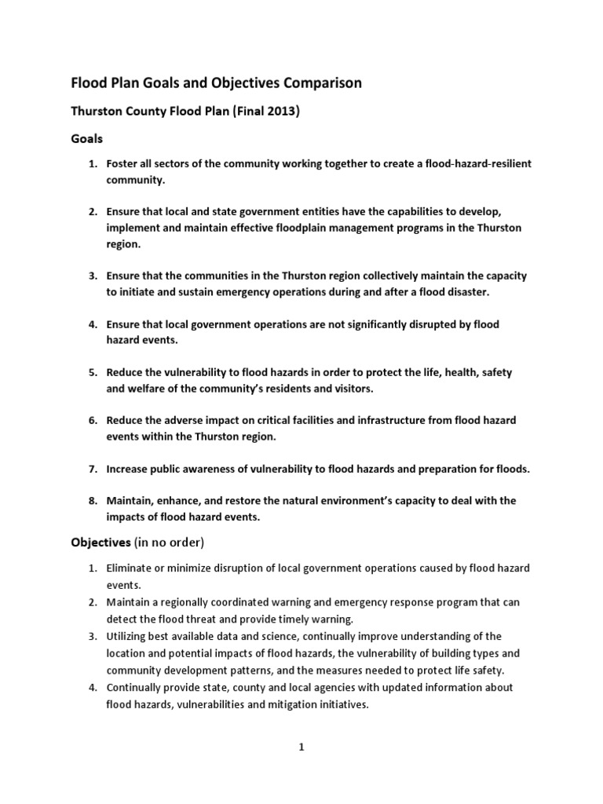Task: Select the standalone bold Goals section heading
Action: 88,138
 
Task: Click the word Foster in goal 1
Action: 126,163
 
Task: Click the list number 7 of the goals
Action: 91,469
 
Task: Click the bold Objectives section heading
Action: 102,542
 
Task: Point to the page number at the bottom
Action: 301,747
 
